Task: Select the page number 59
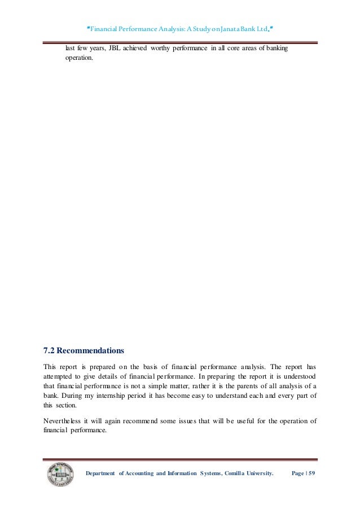point(312,473)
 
